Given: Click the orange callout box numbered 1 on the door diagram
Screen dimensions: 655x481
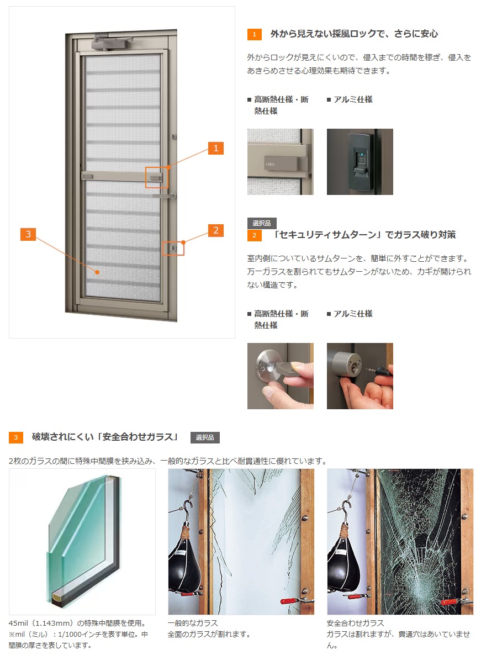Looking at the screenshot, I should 216,148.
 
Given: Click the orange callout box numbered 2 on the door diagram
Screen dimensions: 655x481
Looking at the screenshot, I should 216,230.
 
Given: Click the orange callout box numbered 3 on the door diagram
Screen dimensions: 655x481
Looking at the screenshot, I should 28,234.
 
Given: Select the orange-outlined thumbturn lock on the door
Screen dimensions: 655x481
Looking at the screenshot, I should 173,249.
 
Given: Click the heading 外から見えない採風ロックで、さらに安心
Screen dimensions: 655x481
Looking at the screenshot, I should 354,34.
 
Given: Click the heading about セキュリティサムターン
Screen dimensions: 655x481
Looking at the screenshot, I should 364,235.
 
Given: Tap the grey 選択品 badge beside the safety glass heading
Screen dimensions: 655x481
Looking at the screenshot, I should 205,437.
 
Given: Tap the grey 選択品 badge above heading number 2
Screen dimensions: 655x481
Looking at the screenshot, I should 262,223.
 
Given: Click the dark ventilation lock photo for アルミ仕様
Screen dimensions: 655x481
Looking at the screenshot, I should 360,162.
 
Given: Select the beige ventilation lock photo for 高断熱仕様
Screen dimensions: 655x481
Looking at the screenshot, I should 280,162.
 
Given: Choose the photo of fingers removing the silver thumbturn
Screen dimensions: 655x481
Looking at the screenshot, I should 280,376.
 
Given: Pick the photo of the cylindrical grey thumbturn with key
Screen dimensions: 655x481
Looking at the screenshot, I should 360,376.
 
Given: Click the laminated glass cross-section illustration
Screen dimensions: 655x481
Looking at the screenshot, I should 82,541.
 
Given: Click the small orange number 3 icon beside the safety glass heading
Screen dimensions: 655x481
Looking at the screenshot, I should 15,438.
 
